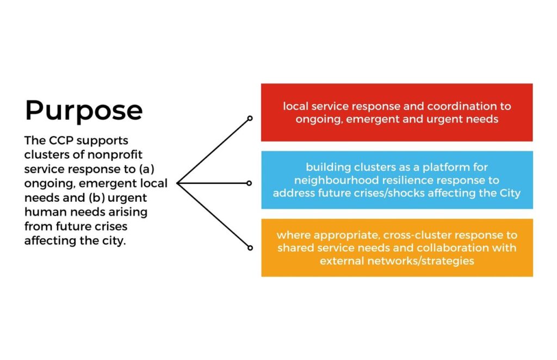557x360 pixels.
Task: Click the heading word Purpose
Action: click(84, 110)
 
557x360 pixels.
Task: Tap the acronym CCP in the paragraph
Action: click(61, 141)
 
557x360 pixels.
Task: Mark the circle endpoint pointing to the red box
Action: click(250, 118)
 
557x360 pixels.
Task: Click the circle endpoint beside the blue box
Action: click(249, 183)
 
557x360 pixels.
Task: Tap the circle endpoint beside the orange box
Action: click(250, 248)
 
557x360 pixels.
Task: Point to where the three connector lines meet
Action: click(177, 183)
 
